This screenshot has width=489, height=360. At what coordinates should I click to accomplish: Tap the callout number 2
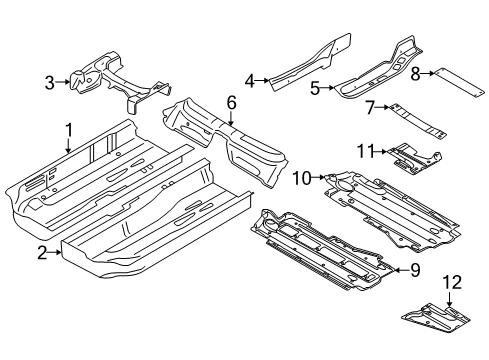42,253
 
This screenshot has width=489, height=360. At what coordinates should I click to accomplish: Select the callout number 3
49,82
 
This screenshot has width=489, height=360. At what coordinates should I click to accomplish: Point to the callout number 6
231,103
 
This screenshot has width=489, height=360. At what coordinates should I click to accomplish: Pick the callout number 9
415,270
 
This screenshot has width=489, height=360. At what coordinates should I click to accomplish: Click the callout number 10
301,178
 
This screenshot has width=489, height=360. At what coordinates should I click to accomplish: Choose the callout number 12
452,283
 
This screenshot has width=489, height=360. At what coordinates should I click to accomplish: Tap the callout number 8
415,74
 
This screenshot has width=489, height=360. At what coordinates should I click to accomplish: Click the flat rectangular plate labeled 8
458,83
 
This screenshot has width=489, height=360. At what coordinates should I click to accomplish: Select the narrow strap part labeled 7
418,122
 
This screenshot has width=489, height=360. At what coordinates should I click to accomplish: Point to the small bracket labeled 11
414,159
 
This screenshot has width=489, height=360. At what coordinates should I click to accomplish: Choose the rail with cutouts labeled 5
377,70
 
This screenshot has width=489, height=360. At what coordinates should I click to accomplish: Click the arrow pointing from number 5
327,88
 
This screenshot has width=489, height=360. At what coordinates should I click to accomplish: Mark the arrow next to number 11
380,152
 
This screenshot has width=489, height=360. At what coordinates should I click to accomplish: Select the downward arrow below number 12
450,299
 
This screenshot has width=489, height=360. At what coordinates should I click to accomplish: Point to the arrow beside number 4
262,80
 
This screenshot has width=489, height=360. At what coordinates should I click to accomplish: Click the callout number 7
370,108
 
